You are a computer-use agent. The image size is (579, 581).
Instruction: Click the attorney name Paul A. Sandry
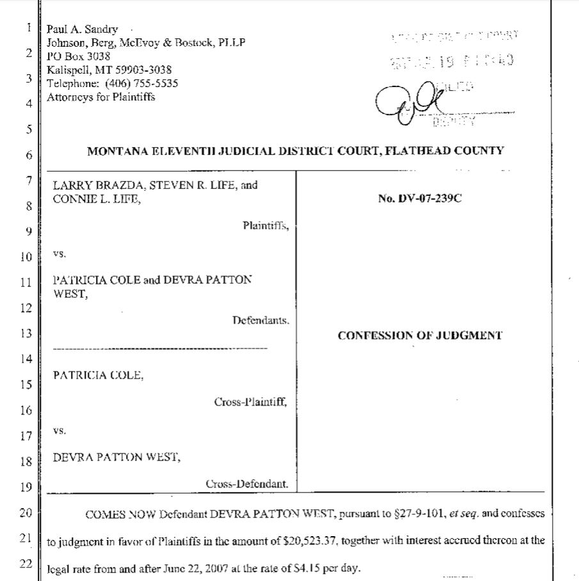pos(83,30)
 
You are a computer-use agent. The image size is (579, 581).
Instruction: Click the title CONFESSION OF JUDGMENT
pos(420,335)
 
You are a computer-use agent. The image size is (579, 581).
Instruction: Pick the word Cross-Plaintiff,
pos(251,402)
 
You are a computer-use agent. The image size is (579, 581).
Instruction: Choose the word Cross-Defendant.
pos(248,484)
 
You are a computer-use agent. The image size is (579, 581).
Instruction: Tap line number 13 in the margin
pos(26,333)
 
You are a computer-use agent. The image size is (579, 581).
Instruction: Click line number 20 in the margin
pos(26,512)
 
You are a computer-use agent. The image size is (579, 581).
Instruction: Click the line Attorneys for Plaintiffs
pos(100,97)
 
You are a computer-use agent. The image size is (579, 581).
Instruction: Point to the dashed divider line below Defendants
pos(159,348)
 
